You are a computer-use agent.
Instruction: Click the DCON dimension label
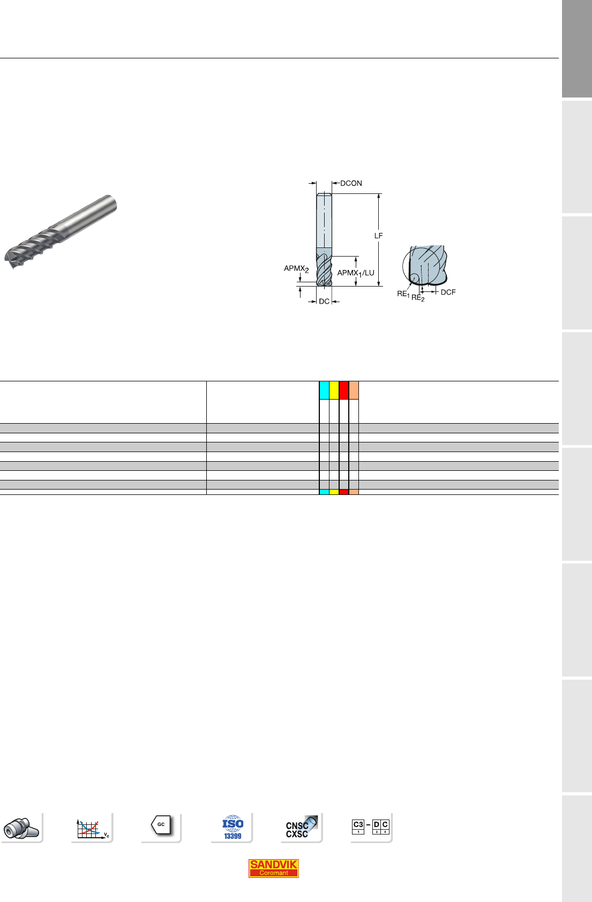click(351, 183)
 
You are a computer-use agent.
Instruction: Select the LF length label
click(379, 236)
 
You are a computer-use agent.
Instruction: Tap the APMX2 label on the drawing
click(296, 268)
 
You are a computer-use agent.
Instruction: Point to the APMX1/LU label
click(356, 273)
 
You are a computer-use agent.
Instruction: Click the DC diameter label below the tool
click(324, 301)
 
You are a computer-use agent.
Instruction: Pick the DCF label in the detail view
click(448, 292)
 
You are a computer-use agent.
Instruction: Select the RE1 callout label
click(403, 294)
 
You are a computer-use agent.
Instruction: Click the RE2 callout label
click(418, 298)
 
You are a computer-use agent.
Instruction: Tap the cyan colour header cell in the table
click(324, 390)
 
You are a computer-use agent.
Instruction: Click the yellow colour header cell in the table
click(334, 390)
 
